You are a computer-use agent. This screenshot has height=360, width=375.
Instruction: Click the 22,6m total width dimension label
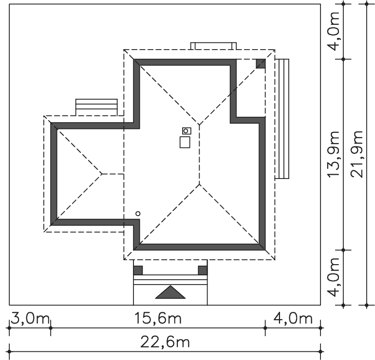tap(165, 342)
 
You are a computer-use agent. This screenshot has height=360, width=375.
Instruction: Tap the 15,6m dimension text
tap(158, 319)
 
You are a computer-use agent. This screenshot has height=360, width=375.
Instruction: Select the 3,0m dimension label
tap(30, 319)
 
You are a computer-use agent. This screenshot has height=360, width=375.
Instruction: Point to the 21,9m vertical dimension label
tap(357, 154)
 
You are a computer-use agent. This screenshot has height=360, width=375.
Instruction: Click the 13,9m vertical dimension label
tap(334, 154)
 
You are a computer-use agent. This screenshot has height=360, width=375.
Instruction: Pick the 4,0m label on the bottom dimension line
tap(293, 319)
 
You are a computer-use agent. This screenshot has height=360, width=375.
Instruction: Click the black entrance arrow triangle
tap(170, 292)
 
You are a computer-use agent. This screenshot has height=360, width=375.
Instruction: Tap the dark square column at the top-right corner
tap(261, 64)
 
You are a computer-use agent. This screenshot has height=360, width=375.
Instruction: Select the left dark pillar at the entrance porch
tap(138, 270)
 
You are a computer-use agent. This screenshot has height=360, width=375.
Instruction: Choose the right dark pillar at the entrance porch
tap(203, 270)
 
